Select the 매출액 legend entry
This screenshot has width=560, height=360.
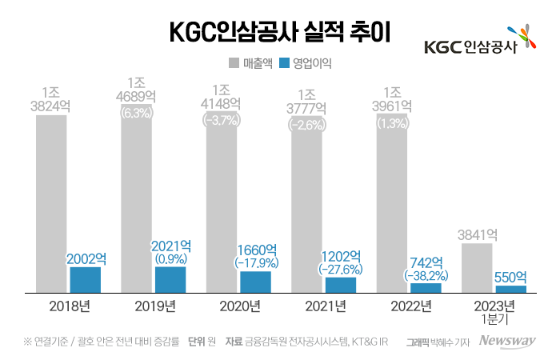coord(253,61)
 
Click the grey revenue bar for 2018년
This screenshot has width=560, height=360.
coord(50,204)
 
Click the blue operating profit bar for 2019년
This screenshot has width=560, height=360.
coord(170,279)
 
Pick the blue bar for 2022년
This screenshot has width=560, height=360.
coord(425,288)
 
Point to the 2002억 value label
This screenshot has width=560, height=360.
coord(86,258)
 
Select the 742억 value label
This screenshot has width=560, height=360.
coord(425,261)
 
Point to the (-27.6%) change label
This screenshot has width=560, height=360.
coord(340,269)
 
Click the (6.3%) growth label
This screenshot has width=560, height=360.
coord(136,113)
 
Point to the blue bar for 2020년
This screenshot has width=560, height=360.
coord(255,282)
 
